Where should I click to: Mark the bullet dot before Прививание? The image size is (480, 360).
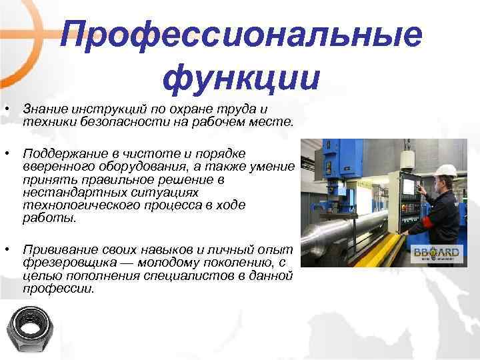(6, 249)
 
